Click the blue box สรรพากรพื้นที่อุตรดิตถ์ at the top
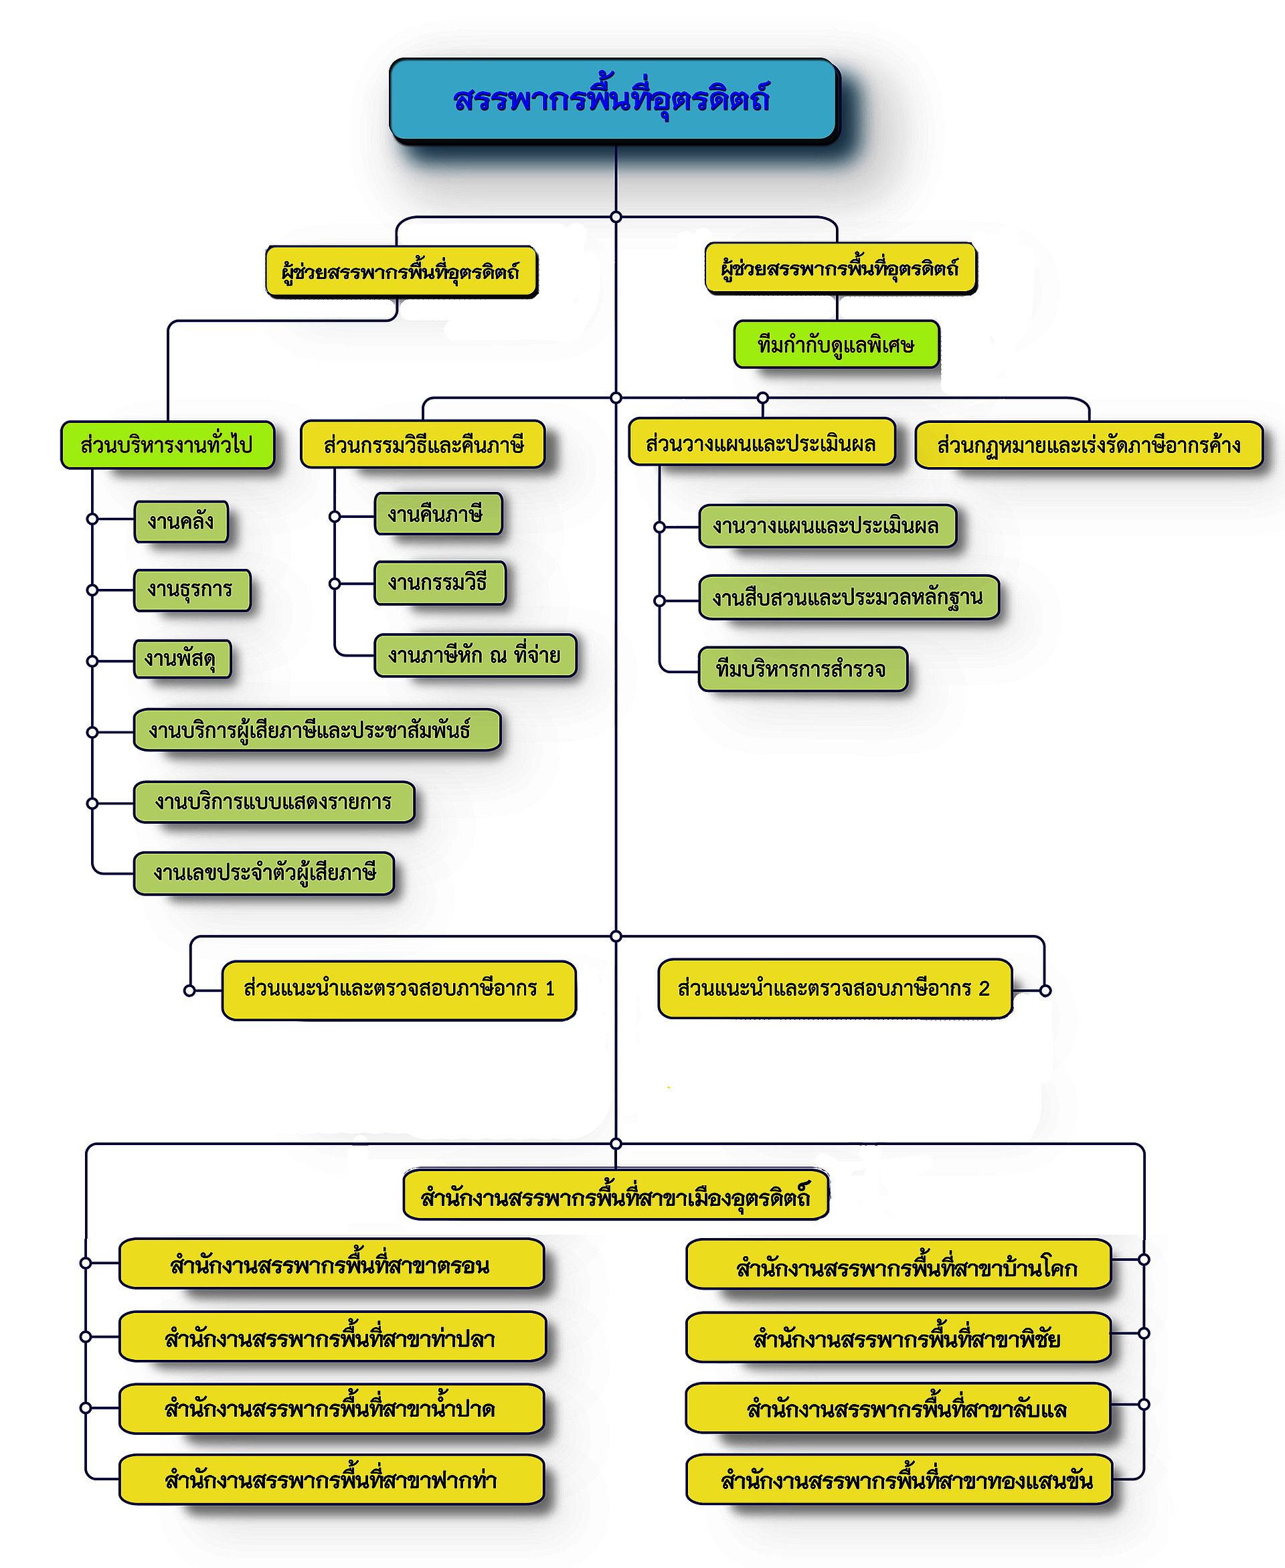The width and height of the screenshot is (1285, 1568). pyautogui.click(x=614, y=98)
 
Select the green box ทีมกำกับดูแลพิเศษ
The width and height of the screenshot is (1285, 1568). pyautogui.click(x=837, y=344)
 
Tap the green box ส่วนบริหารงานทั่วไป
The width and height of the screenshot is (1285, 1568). pyautogui.click(x=167, y=445)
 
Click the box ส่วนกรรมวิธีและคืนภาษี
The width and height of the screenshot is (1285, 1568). pyautogui.click(x=423, y=444)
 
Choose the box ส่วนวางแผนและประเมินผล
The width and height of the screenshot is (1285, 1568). pyautogui.click(x=762, y=442)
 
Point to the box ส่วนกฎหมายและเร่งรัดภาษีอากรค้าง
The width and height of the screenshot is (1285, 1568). pyautogui.click(x=1089, y=445)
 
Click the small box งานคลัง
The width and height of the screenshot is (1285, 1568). pyautogui.click(x=181, y=521)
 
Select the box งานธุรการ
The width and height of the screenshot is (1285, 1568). pyautogui.click(x=191, y=590)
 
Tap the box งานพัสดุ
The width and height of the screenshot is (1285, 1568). pyautogui.click(x=182, y=659)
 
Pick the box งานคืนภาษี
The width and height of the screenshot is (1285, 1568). pyautogui.click(x=438, y=513)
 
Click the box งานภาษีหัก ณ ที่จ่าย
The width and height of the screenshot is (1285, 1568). pyautogui.click(x=475, y=655)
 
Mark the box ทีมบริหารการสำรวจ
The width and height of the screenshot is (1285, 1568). pyautogui.click(x=803, y=669)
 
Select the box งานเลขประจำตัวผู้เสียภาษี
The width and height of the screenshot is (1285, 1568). pyautogui.click(x=264, y=873)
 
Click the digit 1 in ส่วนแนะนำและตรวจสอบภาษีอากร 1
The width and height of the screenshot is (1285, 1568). pyautogui.click(x=550, y=988)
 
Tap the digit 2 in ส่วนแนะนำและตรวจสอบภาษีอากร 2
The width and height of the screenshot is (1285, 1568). pyautogui.click(x=984, y=988)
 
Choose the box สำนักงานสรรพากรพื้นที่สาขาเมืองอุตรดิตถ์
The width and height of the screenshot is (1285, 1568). pyautogui.click(x=616, y=1195)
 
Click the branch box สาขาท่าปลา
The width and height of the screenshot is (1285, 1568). pyautogui.click(x=333, y=1336)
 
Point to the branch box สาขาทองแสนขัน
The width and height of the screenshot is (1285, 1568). pyautogui.click(x=899, y=1479)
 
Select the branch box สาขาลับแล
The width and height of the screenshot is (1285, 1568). pyautogui.click(x=899, y=1408)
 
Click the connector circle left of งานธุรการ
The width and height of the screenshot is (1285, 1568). pyautogui.click(x=92, y=590)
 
